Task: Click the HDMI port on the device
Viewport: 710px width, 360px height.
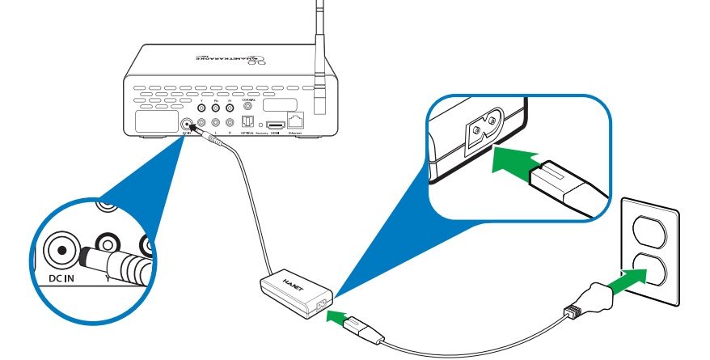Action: (x=276, y=125)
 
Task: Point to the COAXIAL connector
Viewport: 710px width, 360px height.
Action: (x=247, y=105)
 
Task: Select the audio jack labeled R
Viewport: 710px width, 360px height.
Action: (x=230, y=121)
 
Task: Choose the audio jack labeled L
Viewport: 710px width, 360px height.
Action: (x=215, y=121)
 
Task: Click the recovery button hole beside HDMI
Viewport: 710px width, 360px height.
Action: (x=261, y=125)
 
